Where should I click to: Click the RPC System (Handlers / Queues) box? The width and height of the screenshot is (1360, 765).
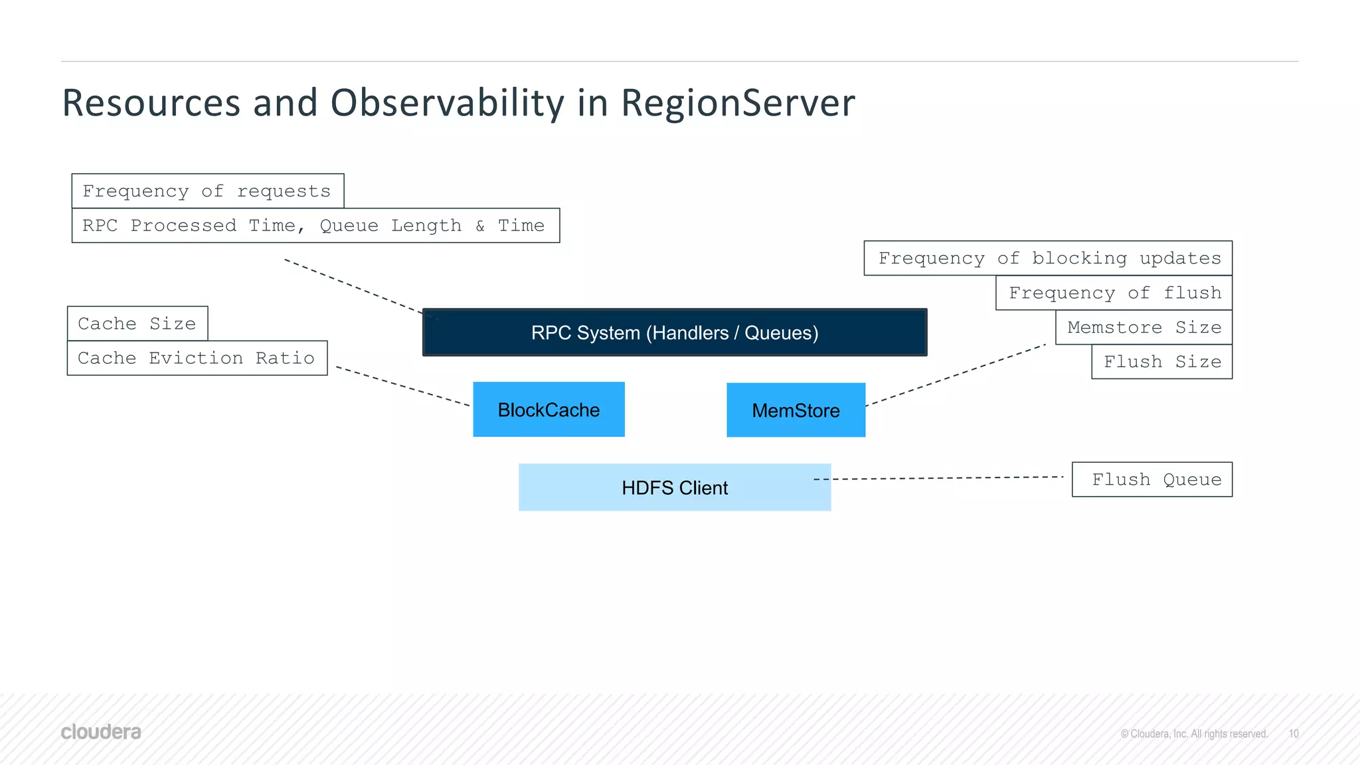675,332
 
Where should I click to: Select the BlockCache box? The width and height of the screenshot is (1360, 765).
549,410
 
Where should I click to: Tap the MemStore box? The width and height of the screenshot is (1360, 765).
796,410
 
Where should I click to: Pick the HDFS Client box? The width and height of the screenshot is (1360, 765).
675,487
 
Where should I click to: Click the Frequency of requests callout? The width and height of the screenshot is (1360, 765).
207,191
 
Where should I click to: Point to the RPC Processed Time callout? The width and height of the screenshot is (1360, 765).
315,226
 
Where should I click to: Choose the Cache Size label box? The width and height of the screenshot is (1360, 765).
137,323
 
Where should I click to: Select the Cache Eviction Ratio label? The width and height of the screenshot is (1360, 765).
197,358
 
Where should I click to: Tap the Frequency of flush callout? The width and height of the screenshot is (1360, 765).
1114,293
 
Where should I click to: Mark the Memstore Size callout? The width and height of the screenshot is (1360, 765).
1144,327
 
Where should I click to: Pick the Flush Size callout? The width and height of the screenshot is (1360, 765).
1161,362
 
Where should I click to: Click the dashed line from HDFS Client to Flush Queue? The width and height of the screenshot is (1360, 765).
943,478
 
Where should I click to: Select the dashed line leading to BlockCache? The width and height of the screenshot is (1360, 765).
402,386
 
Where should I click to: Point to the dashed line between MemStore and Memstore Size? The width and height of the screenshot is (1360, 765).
956,375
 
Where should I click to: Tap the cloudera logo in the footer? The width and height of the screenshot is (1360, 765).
101,732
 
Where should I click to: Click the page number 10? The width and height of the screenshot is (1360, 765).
1294,734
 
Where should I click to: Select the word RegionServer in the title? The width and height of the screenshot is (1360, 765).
737,103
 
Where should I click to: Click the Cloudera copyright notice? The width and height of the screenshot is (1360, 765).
1194,734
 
